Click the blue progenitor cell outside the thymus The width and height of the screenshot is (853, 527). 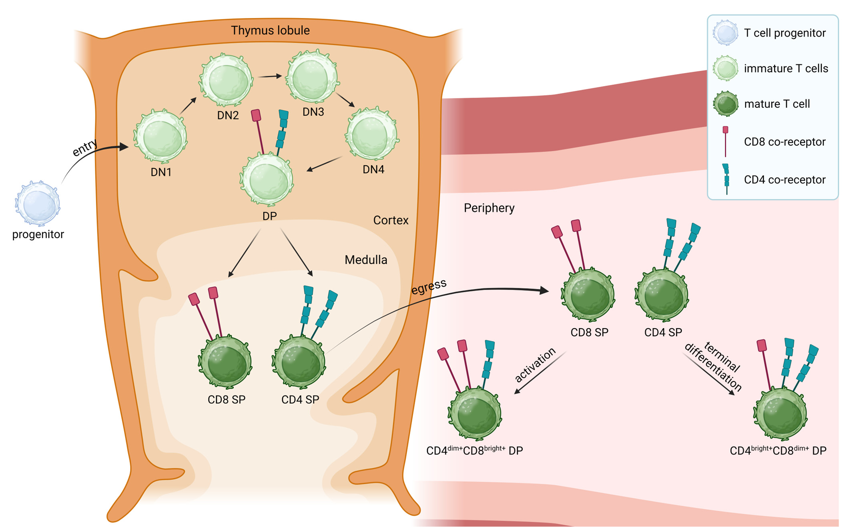38,203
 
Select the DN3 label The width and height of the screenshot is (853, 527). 313,112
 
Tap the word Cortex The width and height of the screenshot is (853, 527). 390,220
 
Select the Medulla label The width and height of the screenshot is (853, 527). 365,260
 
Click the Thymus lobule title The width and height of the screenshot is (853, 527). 270,30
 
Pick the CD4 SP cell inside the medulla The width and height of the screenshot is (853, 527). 299,362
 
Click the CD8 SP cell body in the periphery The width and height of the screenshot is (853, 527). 588,295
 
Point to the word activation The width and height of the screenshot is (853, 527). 535,365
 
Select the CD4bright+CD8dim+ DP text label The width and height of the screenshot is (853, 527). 778,451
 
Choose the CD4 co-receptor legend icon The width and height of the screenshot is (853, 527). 726,179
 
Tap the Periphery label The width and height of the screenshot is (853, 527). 489,208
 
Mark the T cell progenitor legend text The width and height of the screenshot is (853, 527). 785,33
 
